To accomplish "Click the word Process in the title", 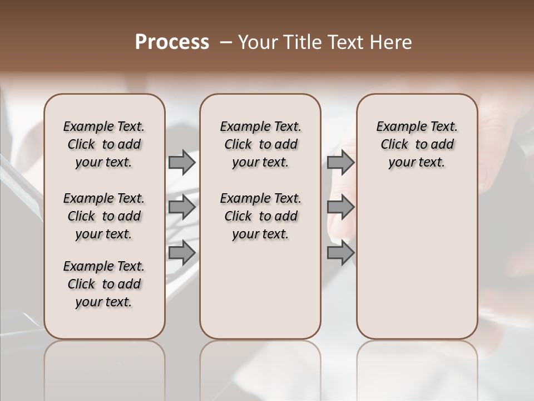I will [172, 42].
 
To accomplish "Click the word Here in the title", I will [391, 42].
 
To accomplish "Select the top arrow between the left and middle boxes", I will [182, 162].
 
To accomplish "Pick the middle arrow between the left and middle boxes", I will [182, 208].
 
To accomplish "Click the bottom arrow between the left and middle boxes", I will [182, 252].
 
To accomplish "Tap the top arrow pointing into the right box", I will [340, 162].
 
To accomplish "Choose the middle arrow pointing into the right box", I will [340, 208].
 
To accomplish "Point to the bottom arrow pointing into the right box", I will [340, 252].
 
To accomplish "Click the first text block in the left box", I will [104, 144].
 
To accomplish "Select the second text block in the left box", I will [104, 216].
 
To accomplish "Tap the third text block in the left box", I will [104, 284].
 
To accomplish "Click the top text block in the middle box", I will [260, 144].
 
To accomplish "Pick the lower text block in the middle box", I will [260, 216].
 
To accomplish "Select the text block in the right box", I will [417, 144].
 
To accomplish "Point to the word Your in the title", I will [257, 42].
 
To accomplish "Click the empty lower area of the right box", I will [417, 256].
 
